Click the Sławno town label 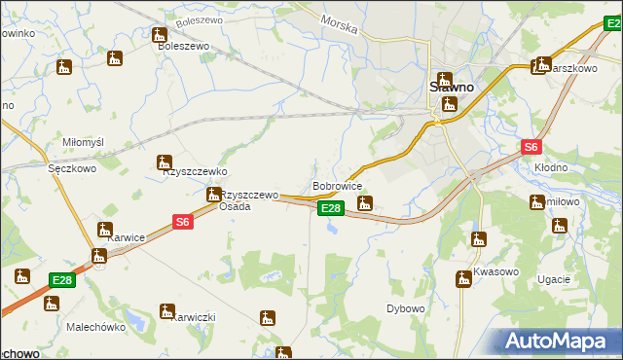point(452,87)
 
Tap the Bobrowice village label point(337,185)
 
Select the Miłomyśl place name point(83,142)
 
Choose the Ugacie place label point(553,279)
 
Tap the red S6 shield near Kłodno point(530,147)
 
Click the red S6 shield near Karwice point(183,223)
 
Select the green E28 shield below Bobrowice point(331,208)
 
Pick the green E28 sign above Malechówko point(62,280)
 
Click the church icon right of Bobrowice point(365,203)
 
